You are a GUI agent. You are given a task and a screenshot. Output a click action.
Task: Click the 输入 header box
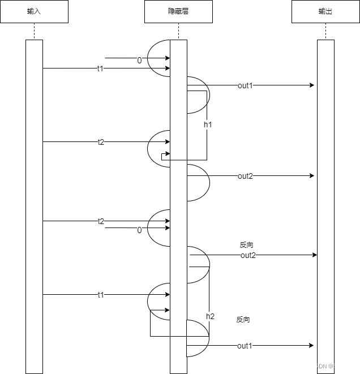[34, 12]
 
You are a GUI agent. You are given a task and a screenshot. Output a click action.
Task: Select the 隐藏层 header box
[178, 12]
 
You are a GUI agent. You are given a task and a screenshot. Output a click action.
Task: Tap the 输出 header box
[325, 12]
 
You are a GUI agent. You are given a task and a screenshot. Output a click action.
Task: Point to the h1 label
[208, 124]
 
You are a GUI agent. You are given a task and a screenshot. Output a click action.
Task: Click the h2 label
[211, 316]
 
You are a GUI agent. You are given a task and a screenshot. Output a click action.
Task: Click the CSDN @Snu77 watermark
[331, 366]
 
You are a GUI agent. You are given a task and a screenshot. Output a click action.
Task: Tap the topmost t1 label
[101, 68]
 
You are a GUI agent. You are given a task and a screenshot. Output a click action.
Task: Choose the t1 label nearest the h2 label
[101, 295]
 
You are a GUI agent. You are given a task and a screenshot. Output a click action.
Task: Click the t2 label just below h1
[101, 142]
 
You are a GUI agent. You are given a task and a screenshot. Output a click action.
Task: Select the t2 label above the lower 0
[101, 221]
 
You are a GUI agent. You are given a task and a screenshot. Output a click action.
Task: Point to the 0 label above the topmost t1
[139, 60]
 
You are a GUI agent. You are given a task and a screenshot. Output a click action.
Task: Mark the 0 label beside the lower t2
[139, 230]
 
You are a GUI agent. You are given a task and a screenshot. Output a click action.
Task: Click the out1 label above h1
[245, 85]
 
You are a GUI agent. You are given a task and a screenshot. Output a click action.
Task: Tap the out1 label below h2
[245, 346]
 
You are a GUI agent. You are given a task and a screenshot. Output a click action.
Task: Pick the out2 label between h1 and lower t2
[245, 176]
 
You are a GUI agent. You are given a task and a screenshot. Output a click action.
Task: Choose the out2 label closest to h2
[248, 255]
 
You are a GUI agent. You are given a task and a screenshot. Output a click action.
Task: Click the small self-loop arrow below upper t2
[165, 156]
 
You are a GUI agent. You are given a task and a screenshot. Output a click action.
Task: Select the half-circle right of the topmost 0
[158, 58]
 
